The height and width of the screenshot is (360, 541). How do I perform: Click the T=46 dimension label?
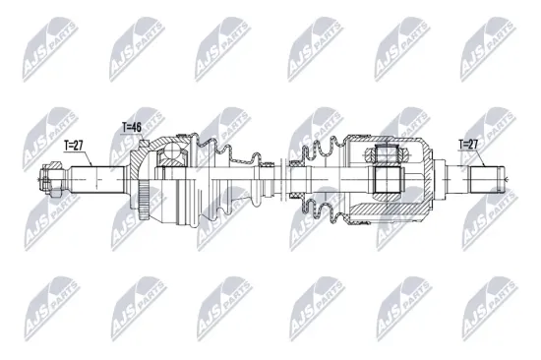(131, 127)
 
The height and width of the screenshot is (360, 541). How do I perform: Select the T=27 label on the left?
(74, 145)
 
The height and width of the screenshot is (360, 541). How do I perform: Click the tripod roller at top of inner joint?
(385, 154)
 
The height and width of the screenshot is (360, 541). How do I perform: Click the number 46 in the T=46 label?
(136, 127)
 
